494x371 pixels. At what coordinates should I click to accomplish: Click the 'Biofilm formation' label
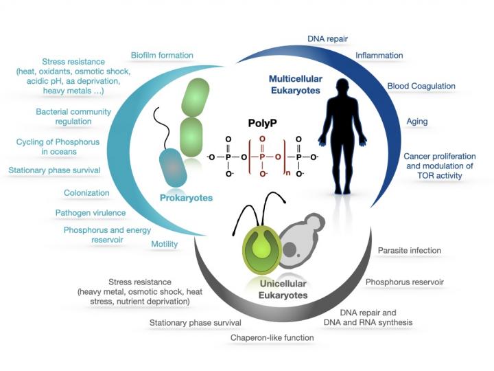(162, 55)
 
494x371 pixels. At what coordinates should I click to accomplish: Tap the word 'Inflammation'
(379, 55)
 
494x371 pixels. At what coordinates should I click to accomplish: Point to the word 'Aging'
(416, 122)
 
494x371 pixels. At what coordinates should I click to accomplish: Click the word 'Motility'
(164, 244)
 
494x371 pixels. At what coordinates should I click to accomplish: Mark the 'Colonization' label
(86, 194)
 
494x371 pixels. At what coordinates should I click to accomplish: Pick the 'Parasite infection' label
(410, 251)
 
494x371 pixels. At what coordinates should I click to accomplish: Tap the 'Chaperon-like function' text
(272, 337)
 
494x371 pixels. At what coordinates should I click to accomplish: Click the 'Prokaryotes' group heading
(185, 198)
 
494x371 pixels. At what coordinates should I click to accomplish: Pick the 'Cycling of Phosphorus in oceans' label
(54, 147)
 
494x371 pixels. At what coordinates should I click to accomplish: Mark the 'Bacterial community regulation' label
(64, 116)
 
